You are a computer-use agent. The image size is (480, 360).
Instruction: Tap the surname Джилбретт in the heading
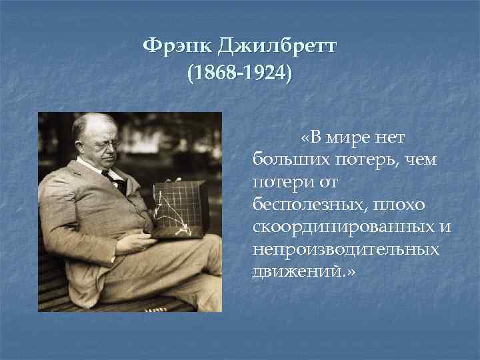coord(279,49)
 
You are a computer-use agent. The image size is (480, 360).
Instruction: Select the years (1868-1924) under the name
coord(239,72)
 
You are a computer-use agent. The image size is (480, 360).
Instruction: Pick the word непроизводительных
coord(346,249)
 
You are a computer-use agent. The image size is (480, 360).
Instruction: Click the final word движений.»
coord(305,271)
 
